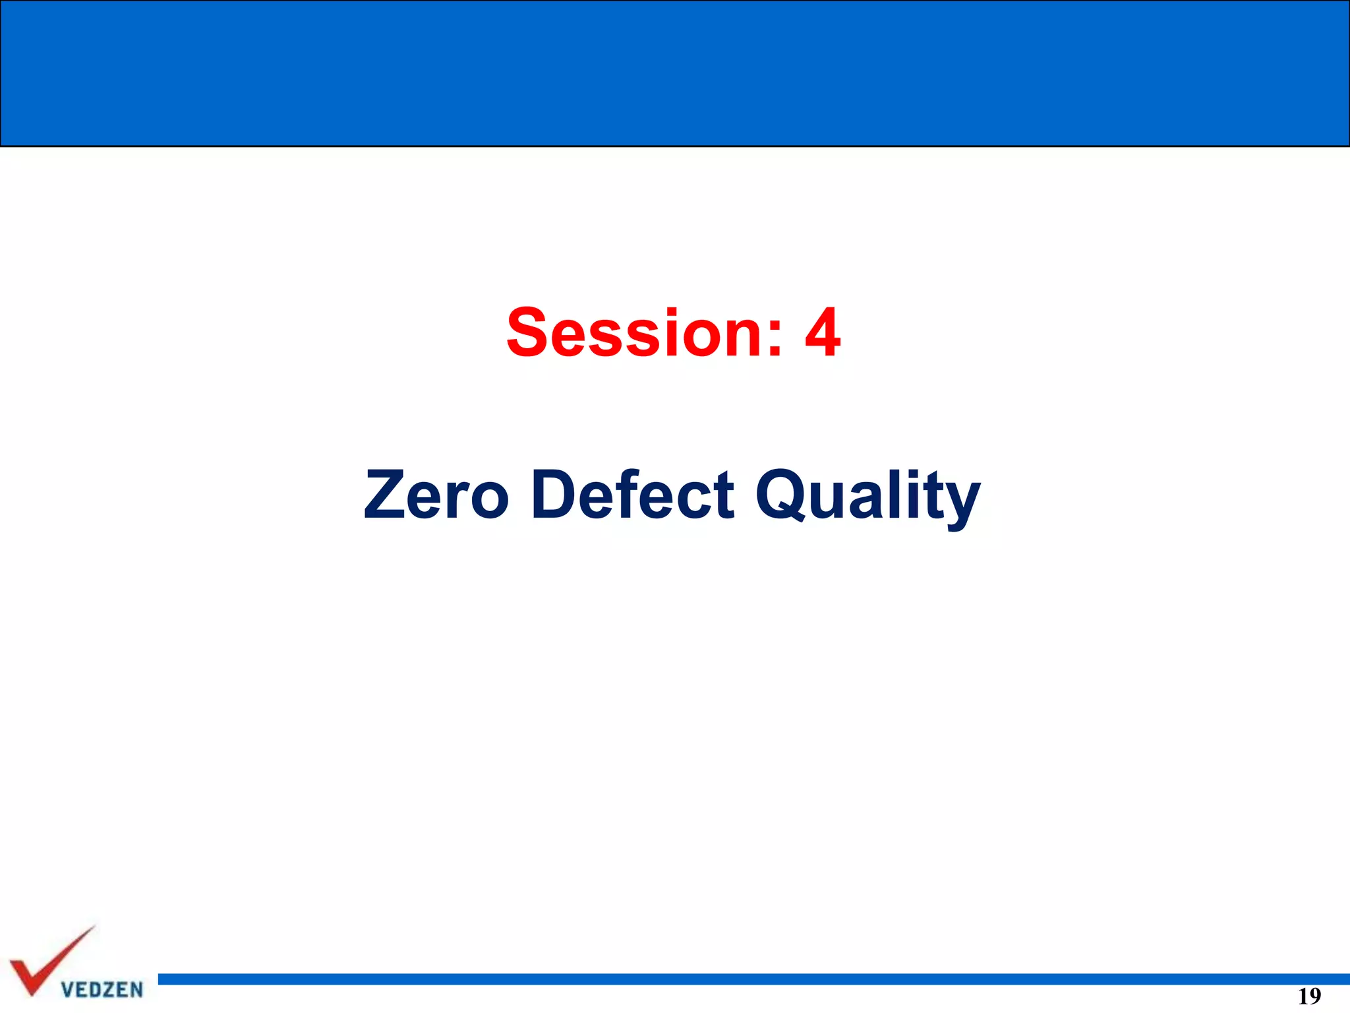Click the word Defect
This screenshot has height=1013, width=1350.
click(x=632, y=495)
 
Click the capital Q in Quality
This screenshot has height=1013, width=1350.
click(x=782, y=495)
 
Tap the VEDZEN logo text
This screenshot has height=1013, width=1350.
click(x=102, y=989)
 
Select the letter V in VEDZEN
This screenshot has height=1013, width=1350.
click(x=67, y=989)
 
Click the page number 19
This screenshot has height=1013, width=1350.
click(x=1309, y=996)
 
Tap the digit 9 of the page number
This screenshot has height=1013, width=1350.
click(x=1315, y=996)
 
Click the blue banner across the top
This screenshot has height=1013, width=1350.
click(x=675, y=73)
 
